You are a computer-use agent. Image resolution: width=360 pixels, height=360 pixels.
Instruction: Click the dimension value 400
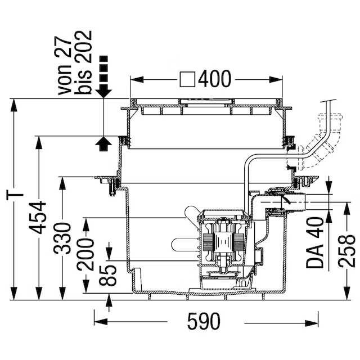pos(214,79)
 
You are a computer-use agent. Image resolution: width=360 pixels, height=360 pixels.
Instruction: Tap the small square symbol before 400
pos(187,79)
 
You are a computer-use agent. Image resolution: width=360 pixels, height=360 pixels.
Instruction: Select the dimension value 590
pos(204,321)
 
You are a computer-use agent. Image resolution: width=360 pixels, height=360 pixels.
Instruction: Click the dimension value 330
pos(62,238)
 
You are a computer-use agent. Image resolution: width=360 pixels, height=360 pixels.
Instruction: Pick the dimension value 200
pos(85,254)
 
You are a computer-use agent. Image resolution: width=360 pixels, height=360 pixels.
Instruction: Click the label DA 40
pos(314,243)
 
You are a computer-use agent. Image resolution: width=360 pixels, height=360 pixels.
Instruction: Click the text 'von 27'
pos(64,66)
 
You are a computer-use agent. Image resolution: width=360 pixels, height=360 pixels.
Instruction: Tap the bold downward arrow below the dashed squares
pos(103,93)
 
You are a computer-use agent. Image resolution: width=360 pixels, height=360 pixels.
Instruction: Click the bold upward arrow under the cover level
pos(103,144)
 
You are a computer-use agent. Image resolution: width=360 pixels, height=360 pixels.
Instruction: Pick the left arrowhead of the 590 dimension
pos(101,322)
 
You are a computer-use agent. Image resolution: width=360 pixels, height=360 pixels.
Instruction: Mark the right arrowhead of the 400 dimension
pos(276,80)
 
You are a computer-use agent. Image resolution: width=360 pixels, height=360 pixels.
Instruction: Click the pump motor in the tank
pos(222,242)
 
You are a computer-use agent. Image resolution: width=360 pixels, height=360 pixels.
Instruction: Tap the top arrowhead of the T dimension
pos(14,105)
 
